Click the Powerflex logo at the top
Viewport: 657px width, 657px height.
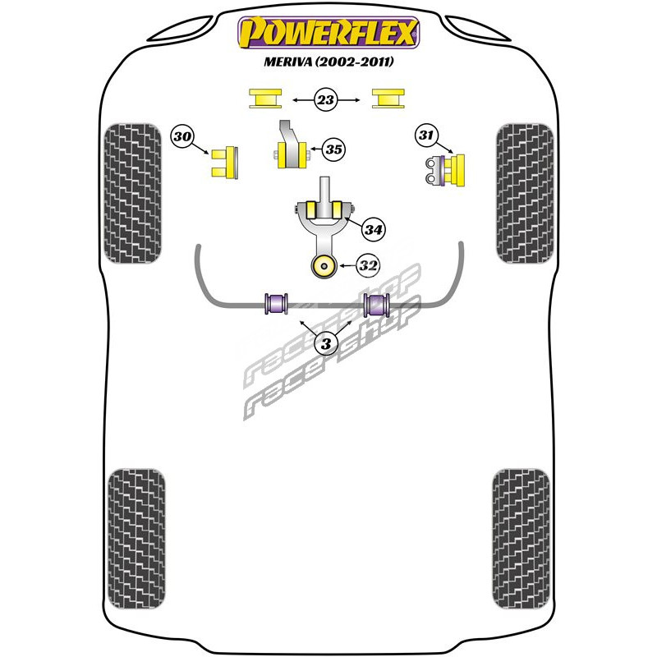(328, 33)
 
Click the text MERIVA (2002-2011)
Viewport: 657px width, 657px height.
(328, 62)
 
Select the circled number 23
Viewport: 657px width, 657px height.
(325, 99)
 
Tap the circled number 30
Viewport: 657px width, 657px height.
(182, 136)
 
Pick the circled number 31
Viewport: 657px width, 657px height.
(425, 135)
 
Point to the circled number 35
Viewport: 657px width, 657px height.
(334, 149)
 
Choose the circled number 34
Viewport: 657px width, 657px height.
(374, 229)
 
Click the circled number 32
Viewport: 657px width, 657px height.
(368, 265)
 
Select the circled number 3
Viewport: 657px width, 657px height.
(325, 343)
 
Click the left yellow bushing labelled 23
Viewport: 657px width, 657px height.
(265, 99)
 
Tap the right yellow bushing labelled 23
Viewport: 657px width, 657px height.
(388, 99)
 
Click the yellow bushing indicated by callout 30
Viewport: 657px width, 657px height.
(225, 163)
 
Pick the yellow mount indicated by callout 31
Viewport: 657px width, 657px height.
(454, 170)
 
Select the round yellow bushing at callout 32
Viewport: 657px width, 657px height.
(324, 265)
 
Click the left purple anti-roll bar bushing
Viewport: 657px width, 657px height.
(277, 303)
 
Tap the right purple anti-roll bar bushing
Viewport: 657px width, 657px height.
(377, 305)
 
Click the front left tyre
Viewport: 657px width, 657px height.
(132, 194)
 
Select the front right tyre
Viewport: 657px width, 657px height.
(525, 194)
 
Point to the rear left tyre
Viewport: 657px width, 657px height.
(136, 539)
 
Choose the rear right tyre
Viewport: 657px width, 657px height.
(521, 539)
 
